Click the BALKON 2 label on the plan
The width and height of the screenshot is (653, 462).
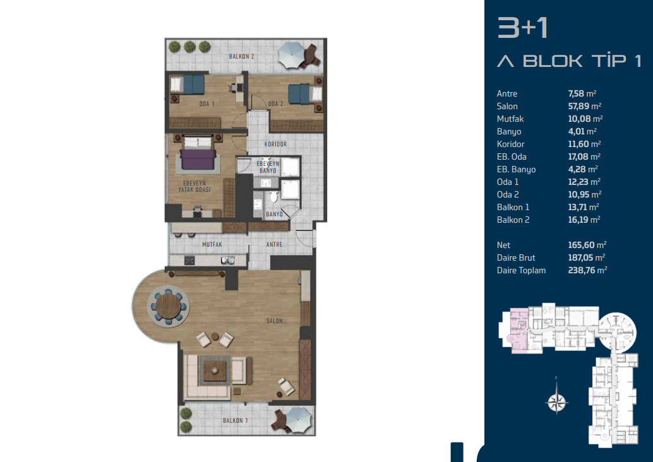241,56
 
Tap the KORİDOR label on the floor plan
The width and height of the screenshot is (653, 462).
276,144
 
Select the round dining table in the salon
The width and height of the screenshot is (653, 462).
168,306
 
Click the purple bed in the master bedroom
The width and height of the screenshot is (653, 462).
198,153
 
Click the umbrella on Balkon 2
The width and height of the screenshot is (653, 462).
292,56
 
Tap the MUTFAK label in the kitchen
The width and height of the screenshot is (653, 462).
212,245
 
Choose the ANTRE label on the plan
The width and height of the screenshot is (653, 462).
274,245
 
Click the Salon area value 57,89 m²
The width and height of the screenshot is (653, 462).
585,106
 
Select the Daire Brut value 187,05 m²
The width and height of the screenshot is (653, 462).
586,258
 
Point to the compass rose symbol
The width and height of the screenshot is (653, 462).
557,401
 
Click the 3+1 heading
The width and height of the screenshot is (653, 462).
522,28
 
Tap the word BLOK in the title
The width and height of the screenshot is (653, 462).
553,61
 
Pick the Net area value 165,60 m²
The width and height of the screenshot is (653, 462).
587,245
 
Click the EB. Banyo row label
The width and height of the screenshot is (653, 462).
516,169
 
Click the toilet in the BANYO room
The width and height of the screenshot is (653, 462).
273,196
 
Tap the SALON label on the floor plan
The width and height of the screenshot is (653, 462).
275,321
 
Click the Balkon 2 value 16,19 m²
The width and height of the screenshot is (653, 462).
584,220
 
